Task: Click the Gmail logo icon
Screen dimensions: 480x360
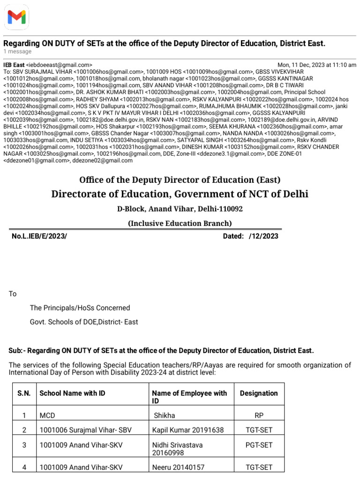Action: click(x=17, y=17)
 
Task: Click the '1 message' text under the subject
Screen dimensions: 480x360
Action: click(x=17, y=52)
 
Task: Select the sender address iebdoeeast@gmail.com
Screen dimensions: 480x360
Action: click(x=59, y=65)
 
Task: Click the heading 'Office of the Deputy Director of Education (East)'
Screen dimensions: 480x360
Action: click(x=180, y=180)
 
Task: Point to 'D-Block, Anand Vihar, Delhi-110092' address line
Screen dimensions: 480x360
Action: click(x=180, y=209)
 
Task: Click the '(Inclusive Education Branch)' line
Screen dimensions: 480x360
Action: click(x=180, y=224)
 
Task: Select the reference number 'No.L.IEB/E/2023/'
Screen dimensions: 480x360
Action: click(x=39, y=236)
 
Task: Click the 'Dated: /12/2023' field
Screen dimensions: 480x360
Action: click(x=250, y=236)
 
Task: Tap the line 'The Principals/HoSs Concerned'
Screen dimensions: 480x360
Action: click(x=80, y=308)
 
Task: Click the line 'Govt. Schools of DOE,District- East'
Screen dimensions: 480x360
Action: click(x=84, y=322)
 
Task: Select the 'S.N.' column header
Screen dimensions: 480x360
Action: click(x=24, y=393)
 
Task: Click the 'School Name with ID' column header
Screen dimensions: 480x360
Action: click(x=72, y=393)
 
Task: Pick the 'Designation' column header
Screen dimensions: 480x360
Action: click(x=259, y=393)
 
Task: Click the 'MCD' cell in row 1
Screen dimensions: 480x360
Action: click(x=47, y=415)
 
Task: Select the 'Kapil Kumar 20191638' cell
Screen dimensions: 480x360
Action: click(x=188, y=429)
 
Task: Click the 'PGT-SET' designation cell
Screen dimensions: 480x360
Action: click(x=259, y=445)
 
